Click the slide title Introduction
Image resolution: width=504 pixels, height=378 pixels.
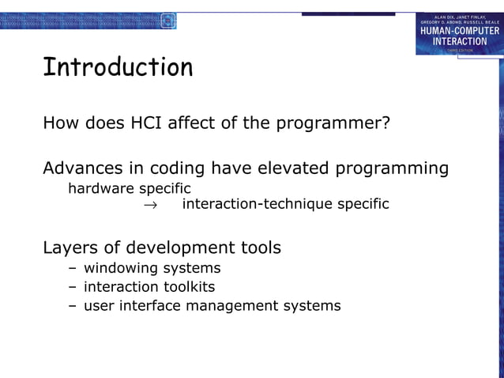click(118, 68)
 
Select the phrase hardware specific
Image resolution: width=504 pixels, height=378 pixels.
click(129, 188)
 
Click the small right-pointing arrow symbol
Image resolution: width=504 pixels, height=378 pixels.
click(149, 205)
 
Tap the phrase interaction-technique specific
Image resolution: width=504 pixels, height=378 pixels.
click(285, 204)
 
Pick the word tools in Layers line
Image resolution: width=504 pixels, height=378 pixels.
click(260, 248)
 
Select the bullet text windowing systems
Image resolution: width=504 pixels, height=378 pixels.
click(152, 268)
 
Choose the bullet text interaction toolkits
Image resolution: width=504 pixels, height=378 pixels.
click(149, 286)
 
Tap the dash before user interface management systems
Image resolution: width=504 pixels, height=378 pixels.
click(73, 306)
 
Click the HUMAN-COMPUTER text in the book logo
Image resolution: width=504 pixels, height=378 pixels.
click(459, 31)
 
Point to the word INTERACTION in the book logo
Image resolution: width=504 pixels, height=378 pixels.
click(459, 41)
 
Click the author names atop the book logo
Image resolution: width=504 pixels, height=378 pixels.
click(459, 18)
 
